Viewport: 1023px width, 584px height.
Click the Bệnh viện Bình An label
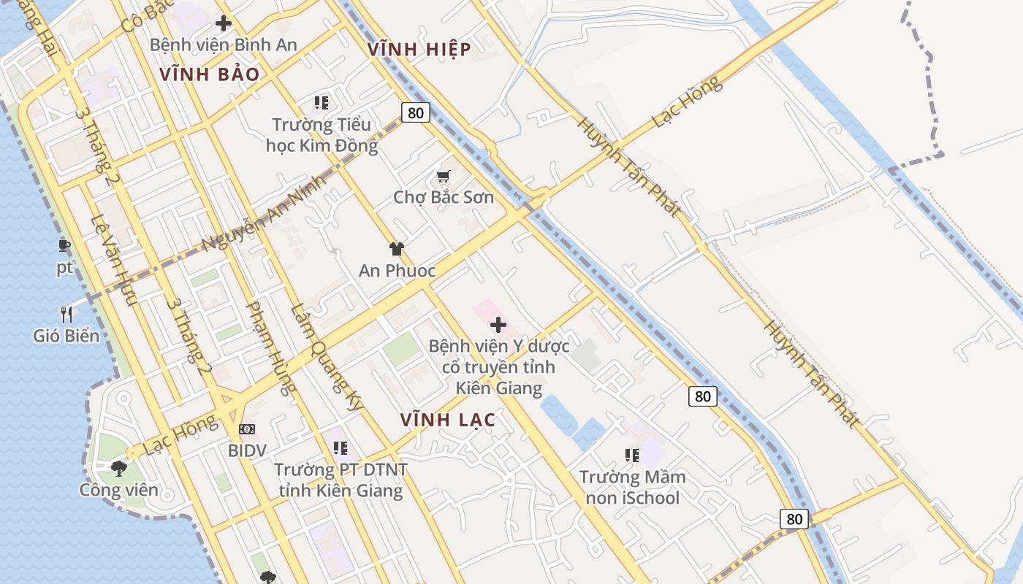click(223, 45)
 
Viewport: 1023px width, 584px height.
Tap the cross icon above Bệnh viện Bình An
click(224, 23)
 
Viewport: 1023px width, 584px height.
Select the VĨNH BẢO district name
click(210, 74)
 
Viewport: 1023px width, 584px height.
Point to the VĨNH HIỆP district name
click(419, 49)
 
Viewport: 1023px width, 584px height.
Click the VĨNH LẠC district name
click(448, 420)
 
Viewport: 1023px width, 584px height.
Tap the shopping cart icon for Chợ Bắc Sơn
click(443, 176)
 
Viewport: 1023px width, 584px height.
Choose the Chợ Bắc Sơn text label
click(444, 197)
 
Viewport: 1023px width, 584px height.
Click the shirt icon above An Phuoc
click(397, 249)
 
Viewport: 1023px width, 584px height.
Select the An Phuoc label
click(397, 271)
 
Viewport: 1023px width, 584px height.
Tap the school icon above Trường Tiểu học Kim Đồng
click(322, 103)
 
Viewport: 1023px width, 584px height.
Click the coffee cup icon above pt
click(64, 245)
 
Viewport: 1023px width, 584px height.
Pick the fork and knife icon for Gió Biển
click(66, 315)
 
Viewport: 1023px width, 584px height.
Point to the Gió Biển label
click(66, 336)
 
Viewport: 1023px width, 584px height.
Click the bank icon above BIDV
click(247, 429)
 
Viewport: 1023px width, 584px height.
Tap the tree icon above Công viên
click(119, 468)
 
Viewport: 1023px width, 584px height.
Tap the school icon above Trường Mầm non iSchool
click(632, 456)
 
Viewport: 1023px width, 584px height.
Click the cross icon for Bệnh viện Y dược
click(498, 325)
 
